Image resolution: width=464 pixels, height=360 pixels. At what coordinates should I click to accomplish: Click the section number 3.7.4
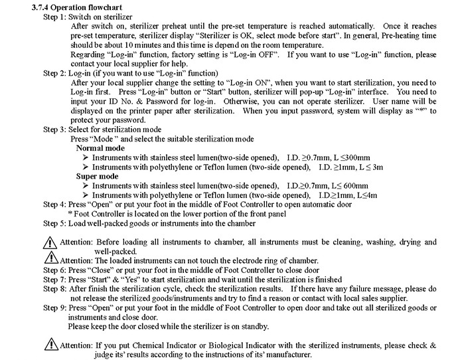point(41,5)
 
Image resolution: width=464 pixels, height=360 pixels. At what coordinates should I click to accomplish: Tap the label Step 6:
point(56,270)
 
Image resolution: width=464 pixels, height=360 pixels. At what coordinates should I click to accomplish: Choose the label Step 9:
point(56,308)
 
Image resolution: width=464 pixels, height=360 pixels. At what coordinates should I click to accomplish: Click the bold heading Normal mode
point(100,148)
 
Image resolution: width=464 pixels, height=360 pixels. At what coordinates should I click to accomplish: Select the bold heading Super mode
point(98,177)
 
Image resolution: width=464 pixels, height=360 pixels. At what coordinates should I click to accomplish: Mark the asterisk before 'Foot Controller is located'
point(70,215)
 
